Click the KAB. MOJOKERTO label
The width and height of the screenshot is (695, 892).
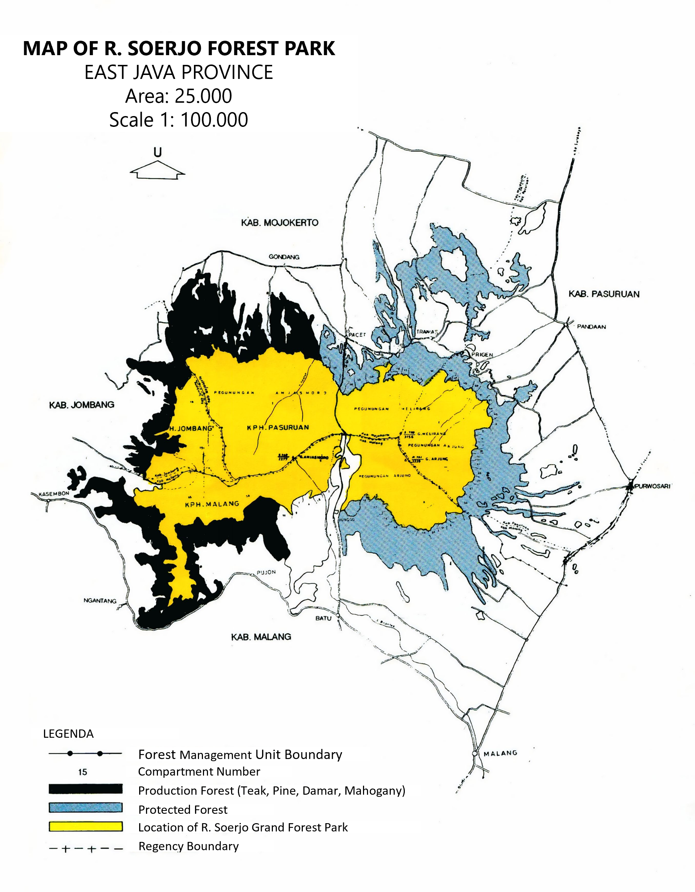pos(279,223)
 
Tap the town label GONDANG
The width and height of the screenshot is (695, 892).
pos(284,257)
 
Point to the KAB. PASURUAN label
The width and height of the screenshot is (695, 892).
pos(604,294)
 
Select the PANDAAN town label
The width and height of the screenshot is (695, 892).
pos(591,327)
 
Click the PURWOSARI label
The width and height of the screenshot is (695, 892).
pos(652,486)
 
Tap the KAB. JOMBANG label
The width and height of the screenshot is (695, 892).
pos(82,405)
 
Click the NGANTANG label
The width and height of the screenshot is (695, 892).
pos(100,600)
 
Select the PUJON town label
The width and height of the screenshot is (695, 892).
pos(266,572)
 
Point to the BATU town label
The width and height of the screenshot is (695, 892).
pos(323,618)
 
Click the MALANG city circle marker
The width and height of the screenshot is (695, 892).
pos(475,753)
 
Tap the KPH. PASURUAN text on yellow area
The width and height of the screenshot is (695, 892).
pos(278,427)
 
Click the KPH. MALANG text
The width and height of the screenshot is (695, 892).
pos(212,504)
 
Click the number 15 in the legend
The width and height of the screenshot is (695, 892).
pos(83,772)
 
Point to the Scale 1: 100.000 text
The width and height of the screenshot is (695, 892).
pos(178,120)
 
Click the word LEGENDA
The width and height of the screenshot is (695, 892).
pos(68,734)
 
